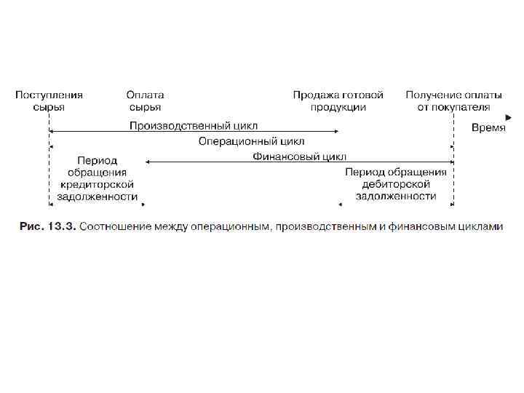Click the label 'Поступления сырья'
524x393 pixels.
tap(49, 100)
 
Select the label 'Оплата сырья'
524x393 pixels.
tap(145, 100)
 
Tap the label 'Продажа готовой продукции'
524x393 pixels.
tap(338, 100)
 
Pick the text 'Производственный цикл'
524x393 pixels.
tap(193, 125)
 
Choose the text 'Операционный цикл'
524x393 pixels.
tap(251, 141)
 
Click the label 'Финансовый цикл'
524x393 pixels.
tap(300, 156)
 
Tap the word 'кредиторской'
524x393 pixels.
tap(97, 185)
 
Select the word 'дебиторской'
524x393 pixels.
tap(396, 185)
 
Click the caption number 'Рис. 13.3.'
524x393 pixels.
tap(47, 226)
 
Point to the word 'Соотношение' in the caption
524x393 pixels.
tap(113, 226)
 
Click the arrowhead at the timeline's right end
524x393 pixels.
tap(507, 116)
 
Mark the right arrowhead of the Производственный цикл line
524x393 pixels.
tap(336, 132)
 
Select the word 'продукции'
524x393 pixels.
tap(338, 107)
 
